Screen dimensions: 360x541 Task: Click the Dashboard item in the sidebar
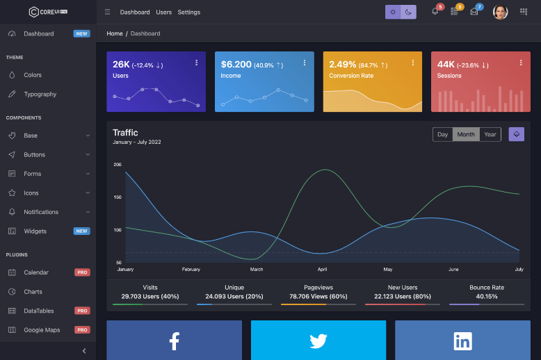[x=38, y=33]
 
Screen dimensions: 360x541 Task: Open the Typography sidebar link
[x=40, y=94]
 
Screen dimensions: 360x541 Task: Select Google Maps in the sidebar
[x=42, y=329]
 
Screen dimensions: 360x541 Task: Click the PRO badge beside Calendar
[x=82, y=272]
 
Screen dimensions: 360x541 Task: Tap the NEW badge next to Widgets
[x=82, y=231]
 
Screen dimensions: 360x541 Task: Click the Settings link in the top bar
[x=188, y=12]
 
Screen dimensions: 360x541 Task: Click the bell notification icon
[x=435, y=12]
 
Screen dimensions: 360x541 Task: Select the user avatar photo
[x=500, y=12]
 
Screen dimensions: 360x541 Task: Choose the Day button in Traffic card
[x=443, y=134]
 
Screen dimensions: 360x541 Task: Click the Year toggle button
[x=490, y=134]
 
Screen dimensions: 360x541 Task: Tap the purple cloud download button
[x=516, y=134]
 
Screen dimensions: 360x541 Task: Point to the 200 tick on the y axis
[x=118, y=165]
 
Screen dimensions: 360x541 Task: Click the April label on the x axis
[x=322, y=269]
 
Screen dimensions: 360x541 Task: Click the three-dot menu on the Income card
[x=305, y=63]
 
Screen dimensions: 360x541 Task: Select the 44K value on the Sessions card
[x=446, y=65]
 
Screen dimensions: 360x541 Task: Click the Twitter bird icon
[x=318, y=341]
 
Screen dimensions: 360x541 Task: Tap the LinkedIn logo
[x=462, y=341]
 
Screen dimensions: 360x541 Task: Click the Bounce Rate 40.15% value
[x=486, y=296]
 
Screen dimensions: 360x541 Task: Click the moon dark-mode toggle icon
[x=408, y=12]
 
